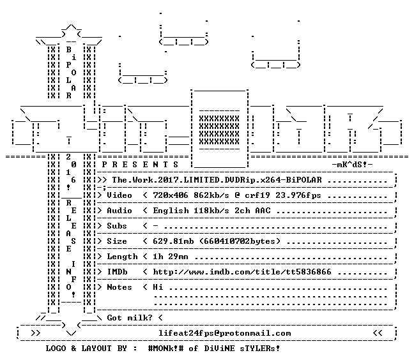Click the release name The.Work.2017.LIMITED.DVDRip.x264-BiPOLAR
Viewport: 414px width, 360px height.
[x=217, y=180]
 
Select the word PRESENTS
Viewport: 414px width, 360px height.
[x=140, y=165]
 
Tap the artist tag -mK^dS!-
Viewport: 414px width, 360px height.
[x=352, y=165]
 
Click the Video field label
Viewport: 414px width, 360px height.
[x=119, y=195]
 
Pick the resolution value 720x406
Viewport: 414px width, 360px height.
[x=171, y=195]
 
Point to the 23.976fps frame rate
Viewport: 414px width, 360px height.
[x=298, y=195]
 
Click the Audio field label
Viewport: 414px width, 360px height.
[x=119, y=211]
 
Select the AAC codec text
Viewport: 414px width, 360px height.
[x=263, y=211]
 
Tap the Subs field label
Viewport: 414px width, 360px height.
[x=117, y=226]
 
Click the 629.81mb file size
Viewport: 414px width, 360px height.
[x=173, y=241]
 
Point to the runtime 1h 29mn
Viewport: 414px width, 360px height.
[x=171, y=257]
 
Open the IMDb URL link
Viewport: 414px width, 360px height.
[x=242, y=272]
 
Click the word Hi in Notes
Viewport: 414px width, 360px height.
[x=158, y=287]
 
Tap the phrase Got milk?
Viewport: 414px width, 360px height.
[x=130, y=318]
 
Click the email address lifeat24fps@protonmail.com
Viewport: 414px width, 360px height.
[x=224, y=333]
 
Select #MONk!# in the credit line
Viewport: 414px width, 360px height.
[x=165, y=349]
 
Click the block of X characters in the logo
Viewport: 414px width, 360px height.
[x=219, y=130]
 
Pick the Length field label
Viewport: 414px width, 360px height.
[x=122, y=257]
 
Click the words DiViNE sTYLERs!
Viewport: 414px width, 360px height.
[x=242, y=349]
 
